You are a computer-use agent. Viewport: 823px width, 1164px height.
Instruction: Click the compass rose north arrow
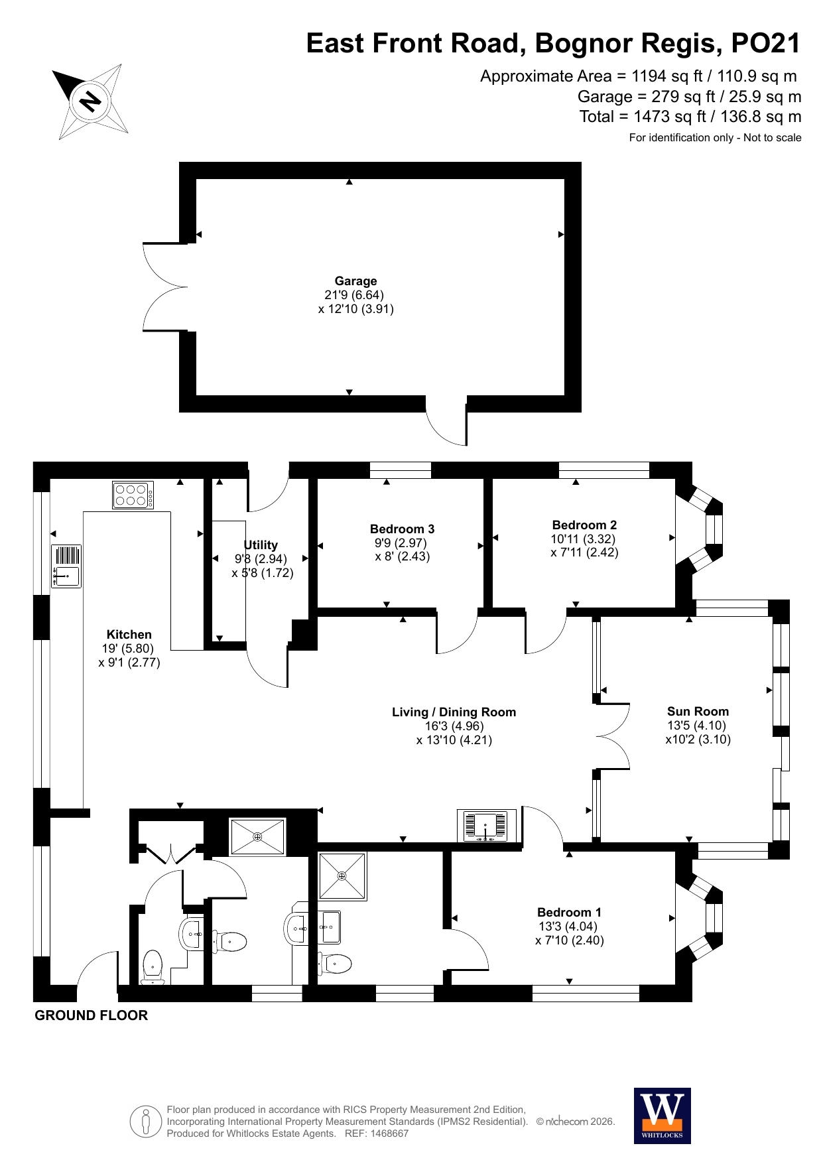[x=90, y=101]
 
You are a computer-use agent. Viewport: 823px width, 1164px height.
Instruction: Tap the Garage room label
[x=355, y=281]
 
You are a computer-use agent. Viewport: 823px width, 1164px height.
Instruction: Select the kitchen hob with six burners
[x=133, y=495]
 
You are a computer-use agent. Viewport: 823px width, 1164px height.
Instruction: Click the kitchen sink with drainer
[x=66, y=566]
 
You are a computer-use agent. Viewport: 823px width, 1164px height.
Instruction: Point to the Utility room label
[x=261, y=545]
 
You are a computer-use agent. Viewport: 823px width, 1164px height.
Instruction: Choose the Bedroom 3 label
[x=402, y=529]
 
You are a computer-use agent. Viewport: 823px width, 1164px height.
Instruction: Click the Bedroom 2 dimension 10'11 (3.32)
[x=583, y=539]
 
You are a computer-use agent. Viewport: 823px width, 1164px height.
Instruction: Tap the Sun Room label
[x=698, y=712]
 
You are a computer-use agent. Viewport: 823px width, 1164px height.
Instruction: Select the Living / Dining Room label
[x=454, y=712]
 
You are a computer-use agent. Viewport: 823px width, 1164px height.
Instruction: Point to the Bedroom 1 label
[x=569, y=913]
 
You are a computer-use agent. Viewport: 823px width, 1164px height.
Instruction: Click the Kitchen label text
[x=129, y=635]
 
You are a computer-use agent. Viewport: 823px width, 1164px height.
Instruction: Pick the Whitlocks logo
[x=663, y=1116]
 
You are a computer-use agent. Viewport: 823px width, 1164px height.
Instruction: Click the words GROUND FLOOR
[x=91, y=1015]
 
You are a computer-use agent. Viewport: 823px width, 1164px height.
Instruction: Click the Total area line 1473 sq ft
[x=690, y=117]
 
